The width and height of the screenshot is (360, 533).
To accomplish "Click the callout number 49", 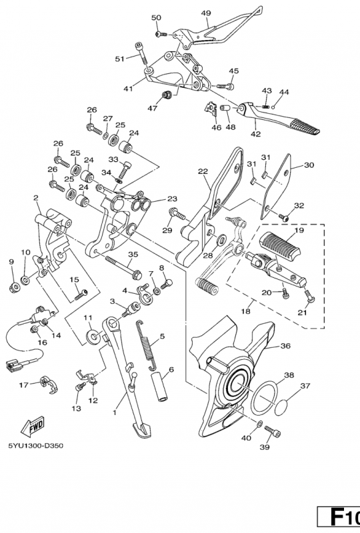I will point(206,13).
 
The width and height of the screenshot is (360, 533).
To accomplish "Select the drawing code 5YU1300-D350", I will point(36,445).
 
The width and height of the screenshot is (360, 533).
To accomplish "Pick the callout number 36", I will point(285,346).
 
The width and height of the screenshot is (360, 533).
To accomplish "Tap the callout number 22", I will point(203,171).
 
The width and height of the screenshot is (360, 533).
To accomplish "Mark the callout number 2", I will point(35,198).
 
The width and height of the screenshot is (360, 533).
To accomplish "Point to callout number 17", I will point(24,384).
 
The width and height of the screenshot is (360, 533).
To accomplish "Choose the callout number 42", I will point(255,133).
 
